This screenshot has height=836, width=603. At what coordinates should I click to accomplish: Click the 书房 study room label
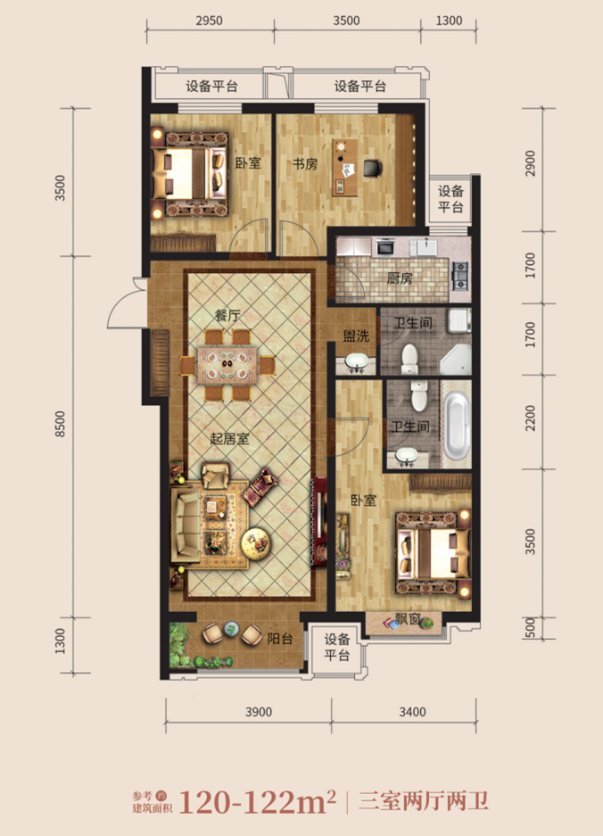tap(305, 163)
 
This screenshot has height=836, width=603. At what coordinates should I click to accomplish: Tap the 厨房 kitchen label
tap(400, 277)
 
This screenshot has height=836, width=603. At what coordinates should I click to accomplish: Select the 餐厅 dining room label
tap(227, 315)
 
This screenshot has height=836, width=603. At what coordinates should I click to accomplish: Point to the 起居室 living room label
tap(230, 439)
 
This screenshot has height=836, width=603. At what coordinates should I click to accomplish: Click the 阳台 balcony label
tap(280, 638)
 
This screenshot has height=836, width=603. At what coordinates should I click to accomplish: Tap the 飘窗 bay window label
tap(408, 619)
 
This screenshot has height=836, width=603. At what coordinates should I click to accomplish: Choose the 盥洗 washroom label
tap(356, 335)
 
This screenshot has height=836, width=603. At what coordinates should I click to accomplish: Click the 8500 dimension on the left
tap(60, 425)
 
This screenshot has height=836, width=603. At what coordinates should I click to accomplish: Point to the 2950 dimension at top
tap(209, 21)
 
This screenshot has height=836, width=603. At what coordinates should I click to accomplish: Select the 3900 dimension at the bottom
tap(259, 712)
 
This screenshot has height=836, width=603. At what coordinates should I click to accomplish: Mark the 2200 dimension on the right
tap(530, 418)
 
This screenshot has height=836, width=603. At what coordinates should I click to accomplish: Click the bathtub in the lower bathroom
tap(458, 426)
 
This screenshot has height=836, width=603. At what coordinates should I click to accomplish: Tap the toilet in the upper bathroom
tap(409, 359)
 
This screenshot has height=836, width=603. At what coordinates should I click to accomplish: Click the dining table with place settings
tap(227, 365)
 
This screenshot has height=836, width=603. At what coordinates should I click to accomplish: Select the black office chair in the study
tap(373, 168)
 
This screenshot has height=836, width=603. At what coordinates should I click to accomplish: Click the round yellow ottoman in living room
tap(256, 543)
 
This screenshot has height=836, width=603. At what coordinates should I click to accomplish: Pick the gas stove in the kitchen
tap(460, 275)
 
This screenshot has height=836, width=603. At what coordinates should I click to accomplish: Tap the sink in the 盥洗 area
tap(355, 362)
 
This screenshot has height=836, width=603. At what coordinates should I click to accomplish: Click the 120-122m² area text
tap(258, 802)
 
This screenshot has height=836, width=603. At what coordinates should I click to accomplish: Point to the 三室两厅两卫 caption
tap(424, 801)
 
